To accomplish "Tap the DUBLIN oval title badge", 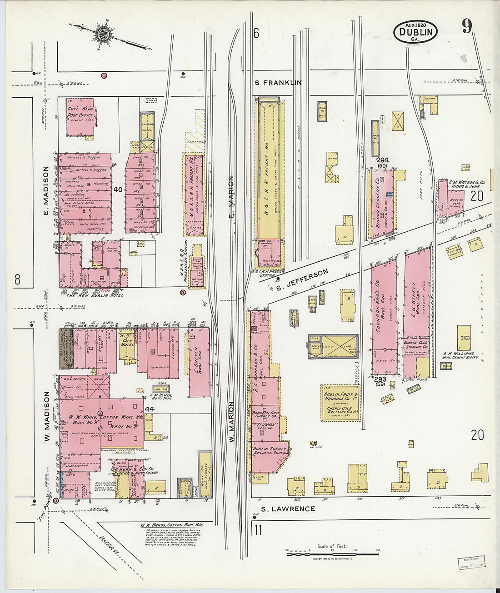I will coord(415,32).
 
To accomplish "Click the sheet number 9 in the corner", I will coord(467,27).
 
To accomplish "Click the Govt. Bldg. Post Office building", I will coord(81,117).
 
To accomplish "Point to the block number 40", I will coord(119,189).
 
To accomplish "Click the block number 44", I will coord(150,409).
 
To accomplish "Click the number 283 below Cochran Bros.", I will coord(380,379).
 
